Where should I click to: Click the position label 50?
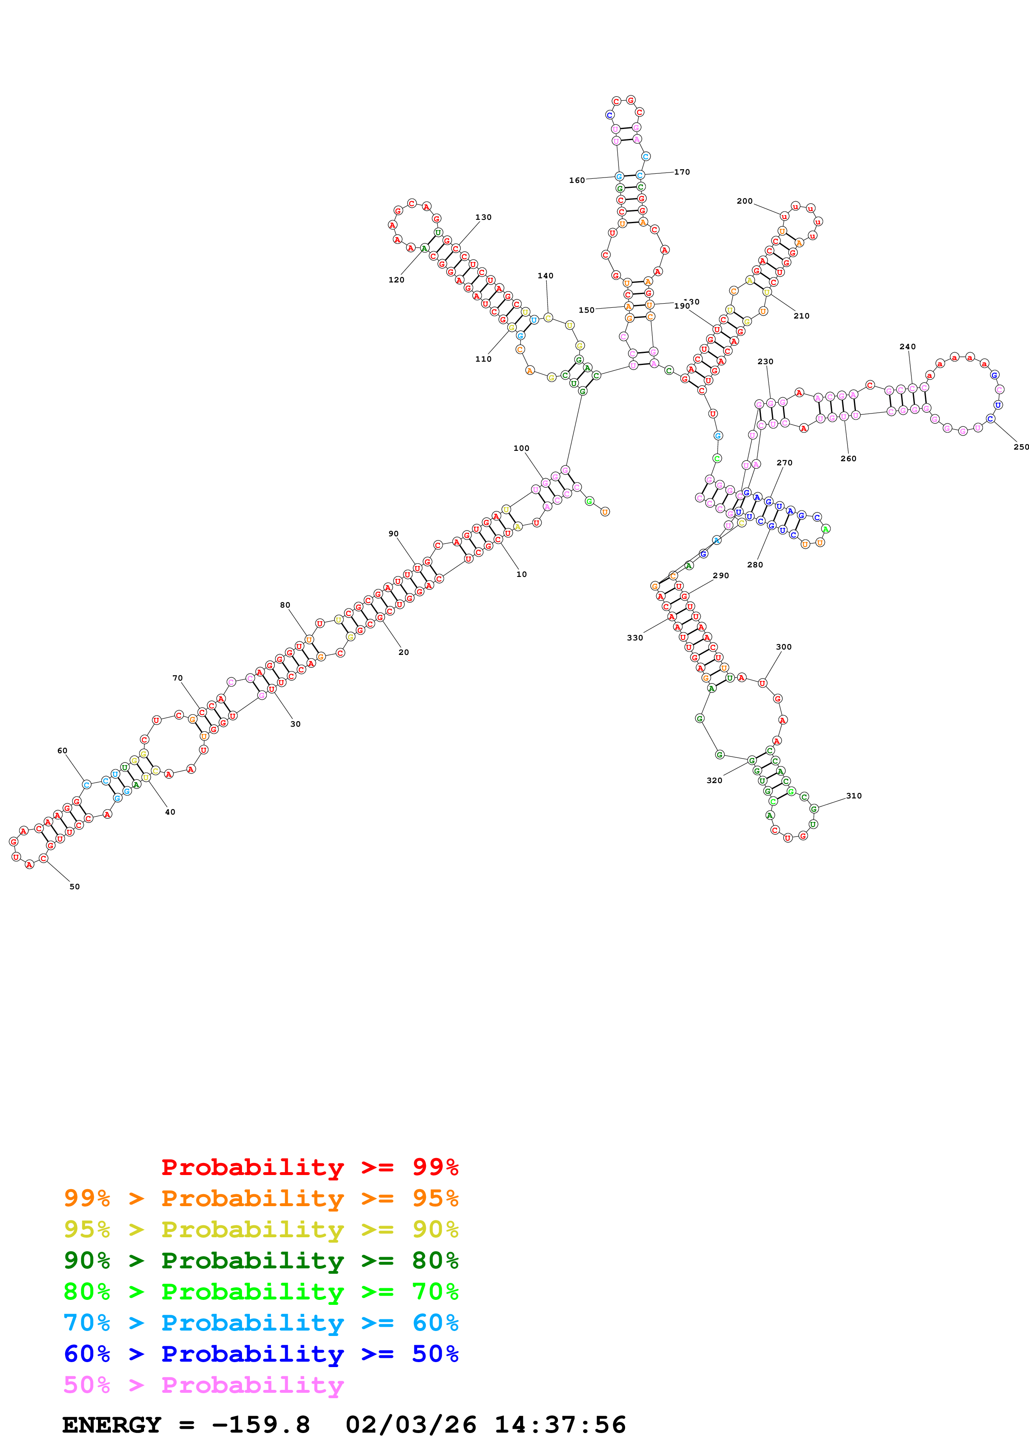click(x=75, y=886)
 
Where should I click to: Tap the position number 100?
click(x=521, y=448)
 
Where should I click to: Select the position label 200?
click(x=744, y=201)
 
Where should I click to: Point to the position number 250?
click(x=1021, y=447)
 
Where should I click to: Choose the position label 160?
click(x=577, y=180)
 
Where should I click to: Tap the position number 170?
click(x=682, y=172)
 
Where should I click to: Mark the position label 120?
click(x=396, y=280)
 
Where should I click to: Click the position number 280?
click(x=755, y=564)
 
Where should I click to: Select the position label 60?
click(x=62, y=750)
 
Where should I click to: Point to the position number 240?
click(x=907, y=347)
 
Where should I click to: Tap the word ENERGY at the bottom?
click(x=112, y=1425)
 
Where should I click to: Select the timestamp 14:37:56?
click(x=560, y=1425)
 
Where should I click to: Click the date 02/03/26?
click(x=411, y=1425)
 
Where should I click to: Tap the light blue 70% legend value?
click(x=87, y=1323)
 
